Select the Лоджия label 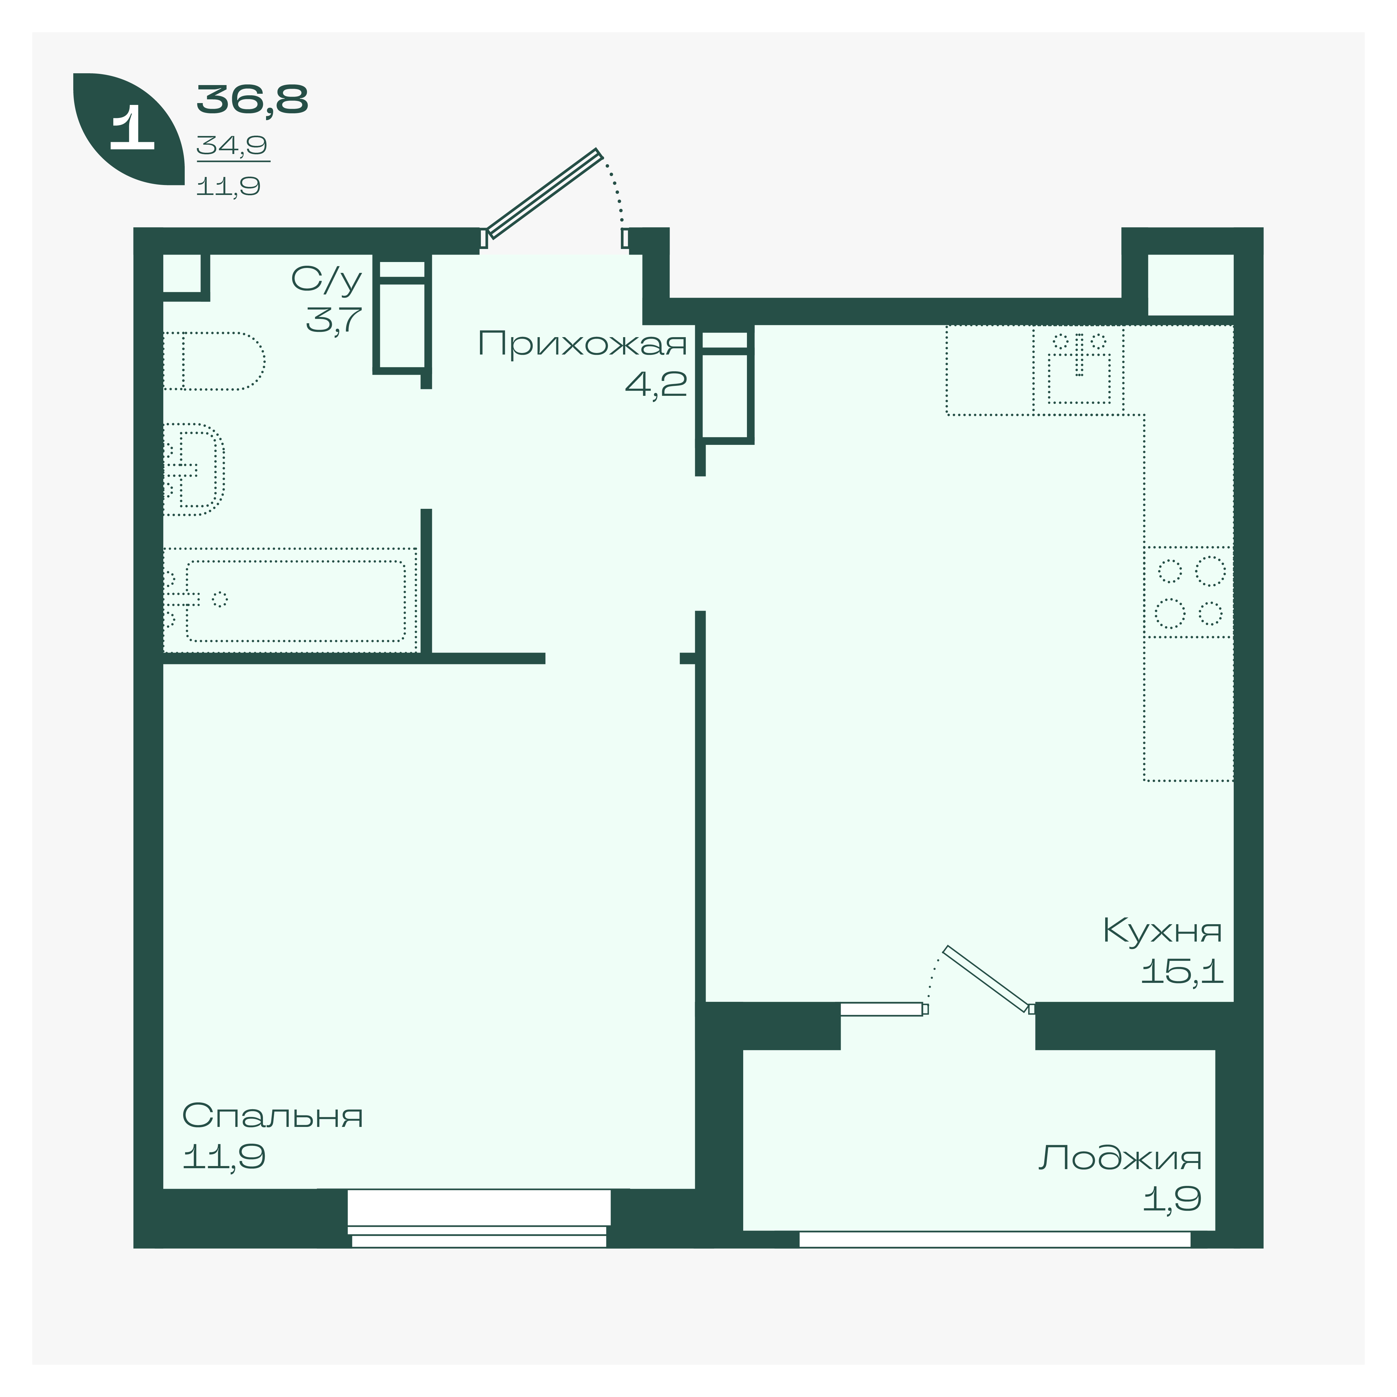[x=1120, y=1158]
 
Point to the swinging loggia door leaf [x=986, y=978]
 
